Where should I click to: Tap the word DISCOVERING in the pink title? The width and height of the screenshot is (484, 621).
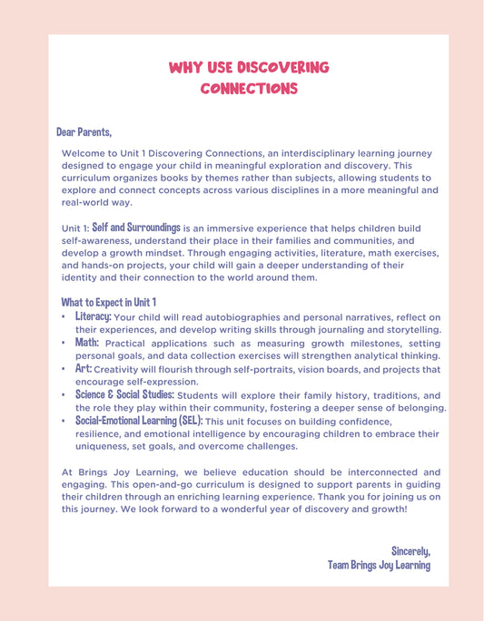click(x=282, y=68)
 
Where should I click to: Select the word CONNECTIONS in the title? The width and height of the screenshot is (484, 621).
click(x=249, y=89)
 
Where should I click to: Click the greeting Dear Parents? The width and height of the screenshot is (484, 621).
click(x=84, y=132)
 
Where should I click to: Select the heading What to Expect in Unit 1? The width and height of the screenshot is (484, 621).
click(x=109, y=301)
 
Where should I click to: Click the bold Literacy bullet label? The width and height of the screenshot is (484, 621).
click(x=94, y=316)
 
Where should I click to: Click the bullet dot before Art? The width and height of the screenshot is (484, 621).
click(x=64, y=370)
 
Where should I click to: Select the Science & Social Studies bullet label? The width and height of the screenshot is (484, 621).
click(x=124, y=395)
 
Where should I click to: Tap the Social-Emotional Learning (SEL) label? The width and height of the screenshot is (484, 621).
click(x=139, y=422)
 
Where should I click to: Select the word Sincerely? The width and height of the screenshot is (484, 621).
click(x=410, y=550)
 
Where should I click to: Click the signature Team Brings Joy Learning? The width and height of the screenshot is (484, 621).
click(x=379, y=565)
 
